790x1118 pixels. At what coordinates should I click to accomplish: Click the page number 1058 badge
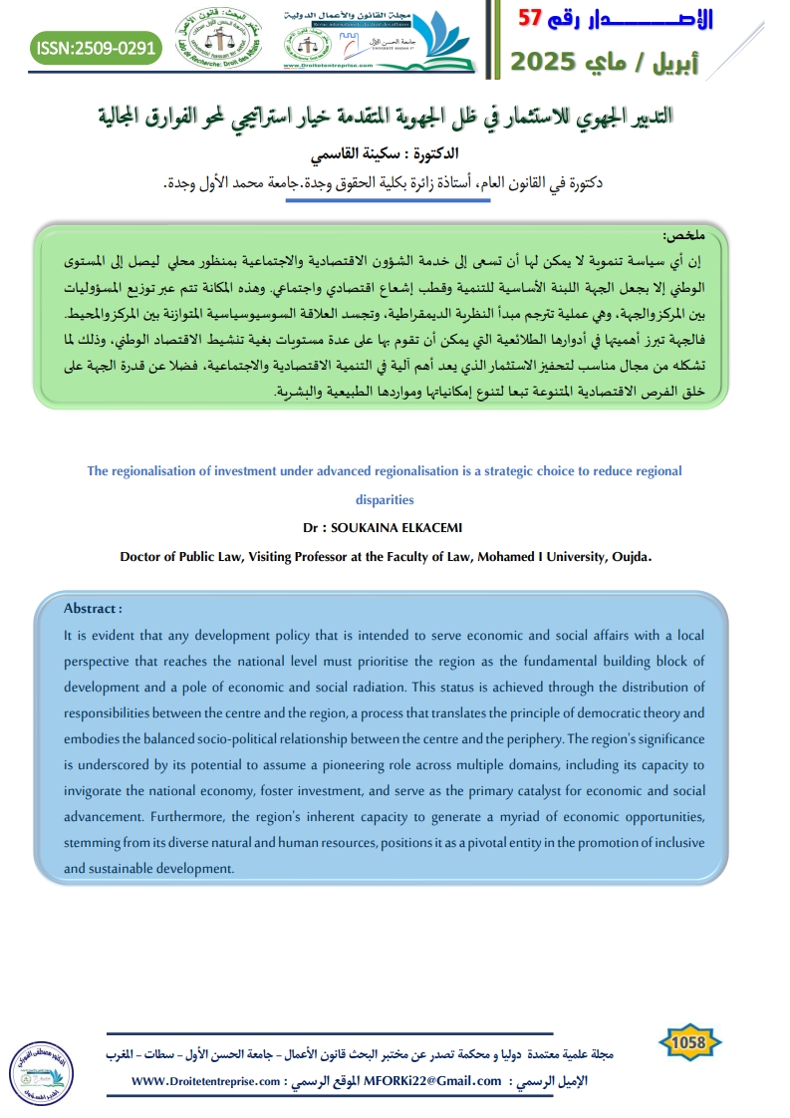point(688,1042)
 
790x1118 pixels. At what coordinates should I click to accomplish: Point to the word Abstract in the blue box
point(92,609)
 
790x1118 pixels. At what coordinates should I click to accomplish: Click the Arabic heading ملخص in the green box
point(683,235)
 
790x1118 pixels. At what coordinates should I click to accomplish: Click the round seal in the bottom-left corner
point(38,1072)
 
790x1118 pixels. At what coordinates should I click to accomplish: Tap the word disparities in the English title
point(384,499)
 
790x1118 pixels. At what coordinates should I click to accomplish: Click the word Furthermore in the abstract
point(185,817)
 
